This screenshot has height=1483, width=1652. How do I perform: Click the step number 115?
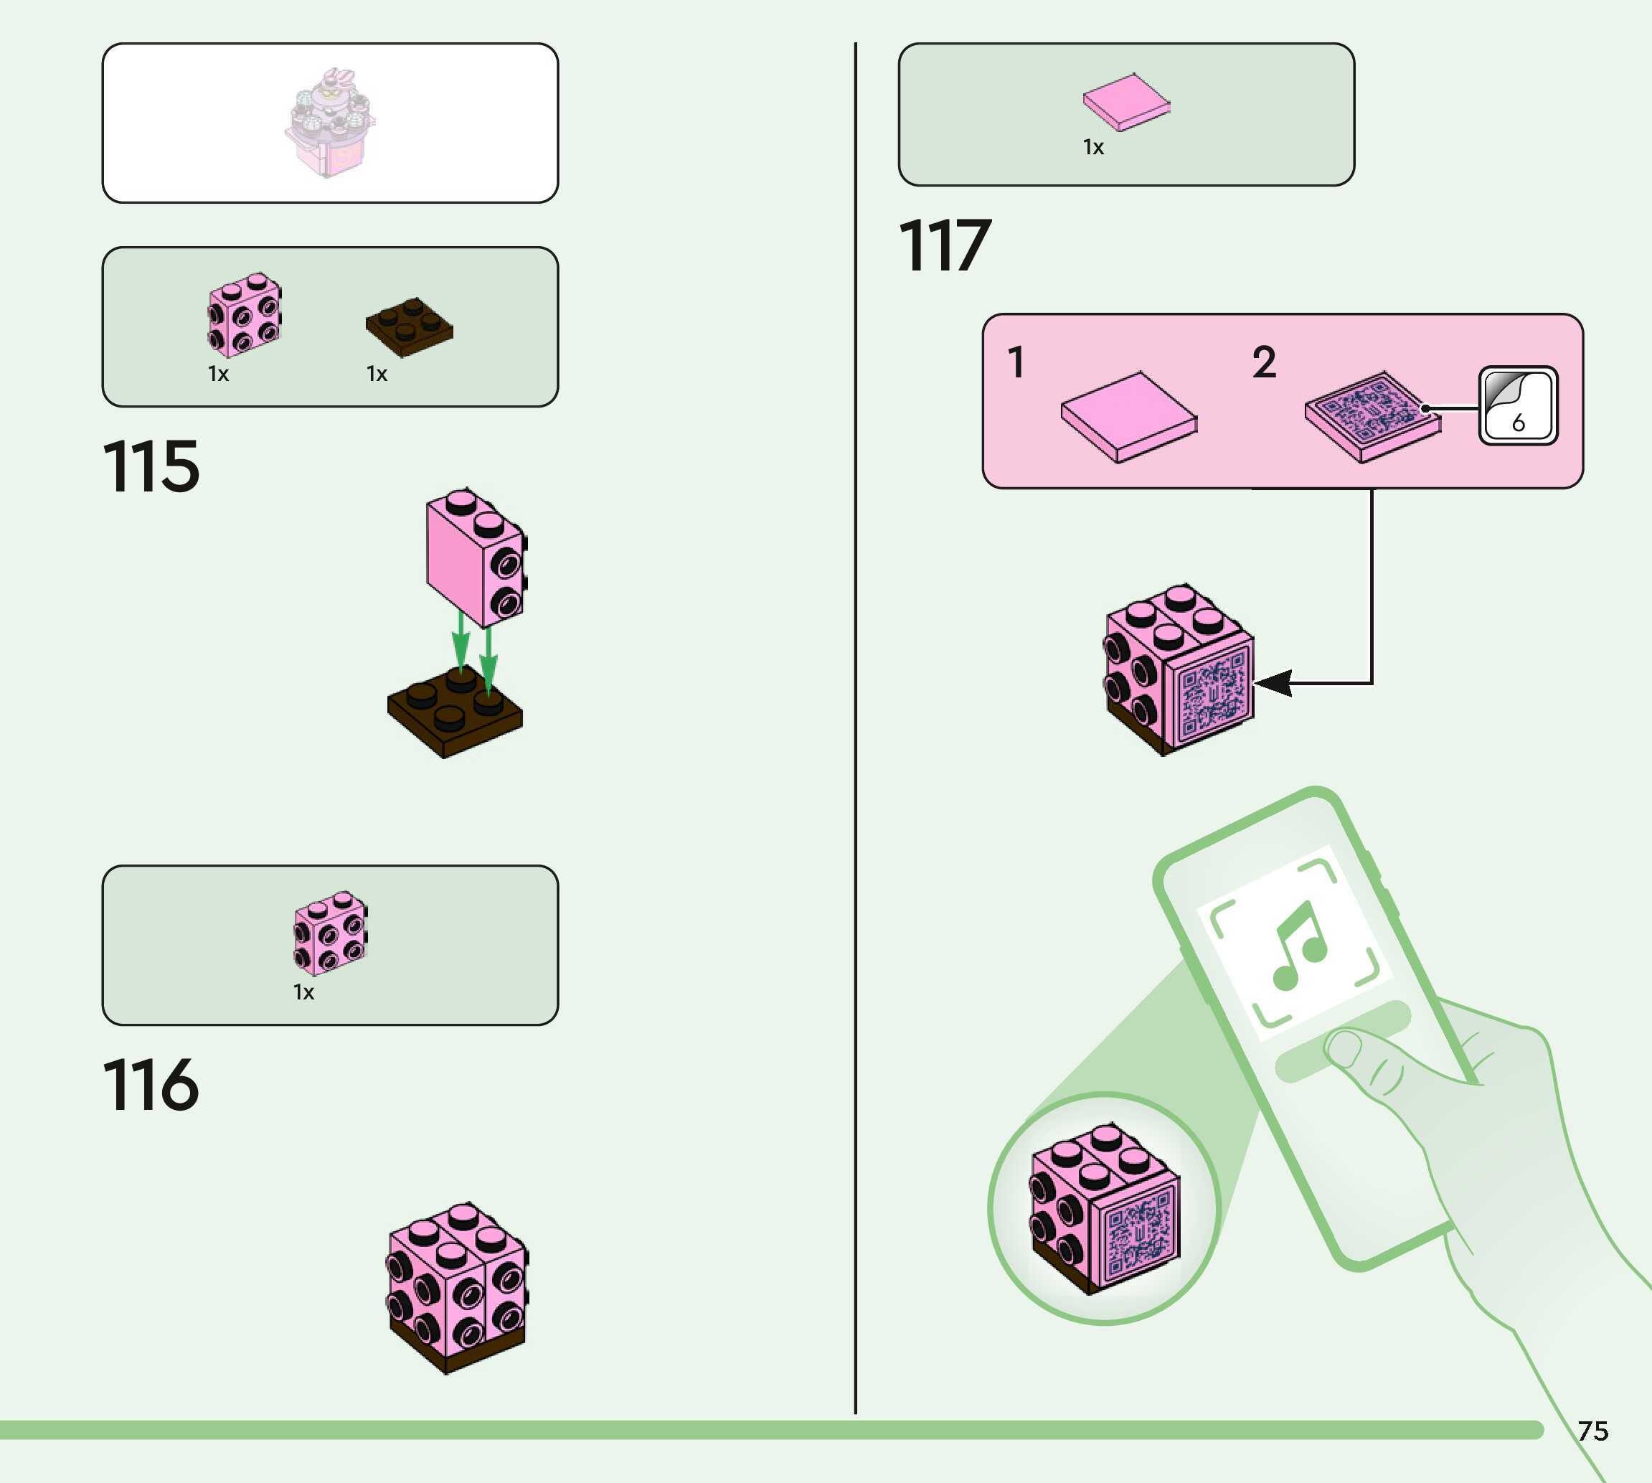point(151,466)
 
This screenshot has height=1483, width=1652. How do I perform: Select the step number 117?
point(945,245)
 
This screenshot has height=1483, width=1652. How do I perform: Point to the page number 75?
point(1592,1431)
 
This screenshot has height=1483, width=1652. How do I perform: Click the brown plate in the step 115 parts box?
point(409,326)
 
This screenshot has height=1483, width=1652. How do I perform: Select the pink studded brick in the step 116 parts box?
point(330,932)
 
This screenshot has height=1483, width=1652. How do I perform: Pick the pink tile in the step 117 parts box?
point(1125,102)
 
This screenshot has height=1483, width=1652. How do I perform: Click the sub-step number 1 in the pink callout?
point(1015,362)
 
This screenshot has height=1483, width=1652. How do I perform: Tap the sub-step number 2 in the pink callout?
point(1263,362)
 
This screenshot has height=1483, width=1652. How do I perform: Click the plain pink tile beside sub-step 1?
point(1128,416)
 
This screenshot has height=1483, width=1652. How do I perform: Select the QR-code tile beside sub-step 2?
point(1372,416)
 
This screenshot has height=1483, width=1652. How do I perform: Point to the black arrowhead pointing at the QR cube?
point(1274,683)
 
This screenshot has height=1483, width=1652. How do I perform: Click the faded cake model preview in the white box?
point(330,122)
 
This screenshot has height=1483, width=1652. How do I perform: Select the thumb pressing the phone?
point(1356,1059)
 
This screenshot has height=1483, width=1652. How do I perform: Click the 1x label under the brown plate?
point(377,374)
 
